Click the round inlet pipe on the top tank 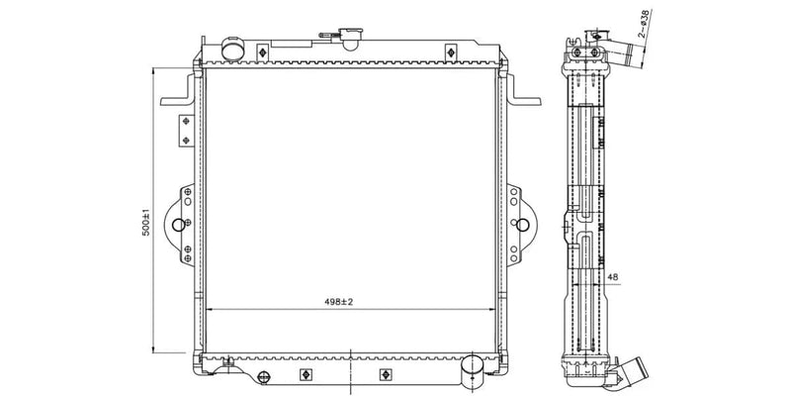click(232, 49)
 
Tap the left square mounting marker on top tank click(262, 51)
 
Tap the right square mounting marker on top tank click(451, 51)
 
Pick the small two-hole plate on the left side click(185, 130)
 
